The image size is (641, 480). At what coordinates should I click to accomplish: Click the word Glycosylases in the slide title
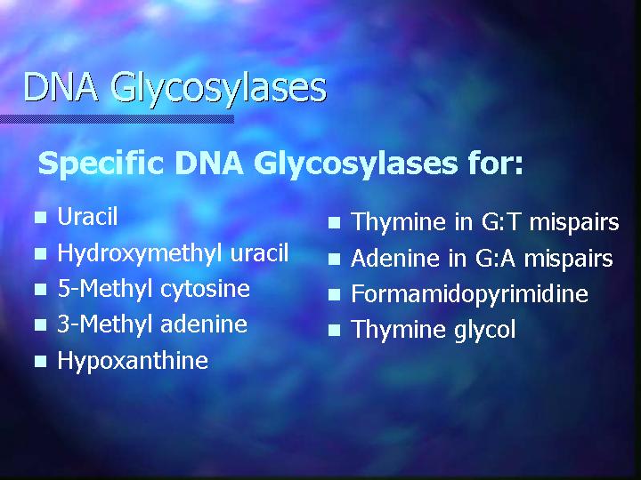tap(219, 89)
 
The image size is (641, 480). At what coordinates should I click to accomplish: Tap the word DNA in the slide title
tap(61, 86)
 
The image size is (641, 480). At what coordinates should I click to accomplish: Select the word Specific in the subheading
tap(101, 164)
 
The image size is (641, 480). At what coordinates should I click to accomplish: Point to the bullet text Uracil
tap(87, 216)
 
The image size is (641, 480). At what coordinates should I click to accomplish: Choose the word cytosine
tap(205, 289)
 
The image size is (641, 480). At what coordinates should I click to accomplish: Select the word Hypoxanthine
tap(133, 361)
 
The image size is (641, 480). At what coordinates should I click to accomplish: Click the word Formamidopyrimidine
tap(469, 295)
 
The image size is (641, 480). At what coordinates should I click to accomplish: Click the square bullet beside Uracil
tap(40, 217)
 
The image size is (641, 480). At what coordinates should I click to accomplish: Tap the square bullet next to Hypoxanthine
tap(40, 361)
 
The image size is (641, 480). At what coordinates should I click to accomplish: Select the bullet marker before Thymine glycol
tap(334, 330)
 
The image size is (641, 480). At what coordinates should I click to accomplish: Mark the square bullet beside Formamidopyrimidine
tap(334, 295)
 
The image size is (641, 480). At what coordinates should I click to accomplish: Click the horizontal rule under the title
tap(117, 119)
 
